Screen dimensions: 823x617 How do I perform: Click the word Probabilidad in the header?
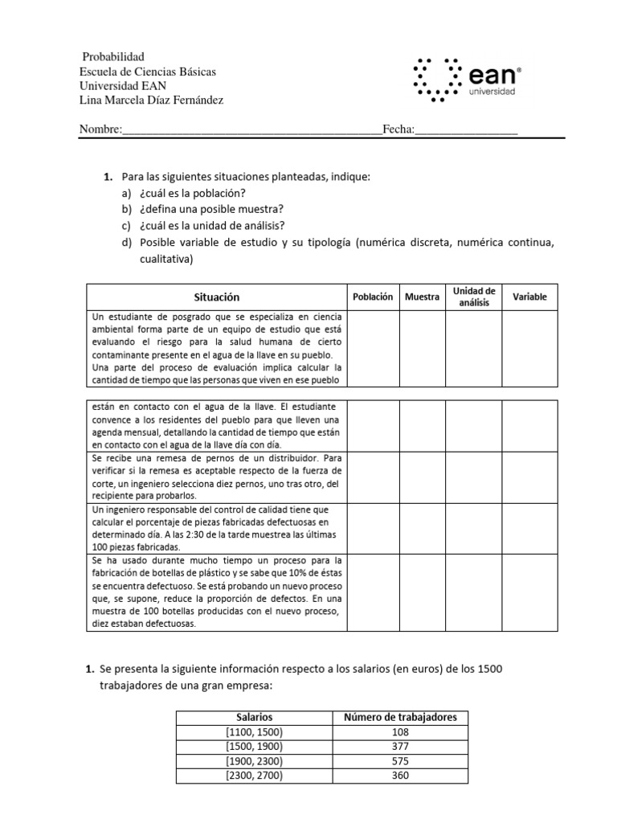[113, 56]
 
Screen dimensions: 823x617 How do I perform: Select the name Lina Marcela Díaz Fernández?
[152, 100]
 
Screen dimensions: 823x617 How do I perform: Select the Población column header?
[373, 297]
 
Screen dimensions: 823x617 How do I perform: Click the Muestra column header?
[423, 297]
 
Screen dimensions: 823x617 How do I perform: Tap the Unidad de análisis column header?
[474, 297]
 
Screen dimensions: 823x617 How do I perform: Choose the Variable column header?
[529, 297]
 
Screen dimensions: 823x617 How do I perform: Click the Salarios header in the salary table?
[254, 717]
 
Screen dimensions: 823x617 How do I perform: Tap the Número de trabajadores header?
[401, 717]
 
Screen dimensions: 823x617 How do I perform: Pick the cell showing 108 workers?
[401, 732]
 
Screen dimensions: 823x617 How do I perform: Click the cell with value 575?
[401, 761]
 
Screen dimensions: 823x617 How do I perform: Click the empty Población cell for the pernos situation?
[373, 477]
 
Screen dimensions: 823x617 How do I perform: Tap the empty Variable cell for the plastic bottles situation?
[529, 596]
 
